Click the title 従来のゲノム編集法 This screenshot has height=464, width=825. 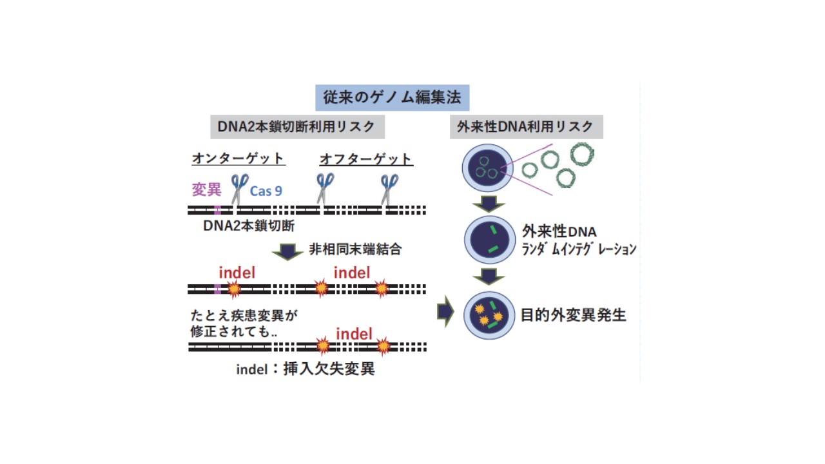click(x=392, y=98)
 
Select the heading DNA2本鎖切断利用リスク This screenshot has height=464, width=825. click(x=296, y=127)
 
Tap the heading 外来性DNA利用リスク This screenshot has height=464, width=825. click(x=526, y=127)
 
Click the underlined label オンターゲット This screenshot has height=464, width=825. click(x=238, y=159)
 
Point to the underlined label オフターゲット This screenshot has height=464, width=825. click(x=366, y=159)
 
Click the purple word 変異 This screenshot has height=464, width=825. click(x=206, y=189)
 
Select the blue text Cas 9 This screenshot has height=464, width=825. click(x=266, y=191)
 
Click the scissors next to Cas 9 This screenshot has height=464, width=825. click(x=239, y=189)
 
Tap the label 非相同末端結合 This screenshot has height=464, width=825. click(x=354, y=249)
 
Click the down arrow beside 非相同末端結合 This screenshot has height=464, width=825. click(x=287, y=251)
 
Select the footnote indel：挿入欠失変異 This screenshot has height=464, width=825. click(x=305, y=369)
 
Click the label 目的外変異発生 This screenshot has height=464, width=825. click(x=573, y=315)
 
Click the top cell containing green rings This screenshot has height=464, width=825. click(x=487, y=170)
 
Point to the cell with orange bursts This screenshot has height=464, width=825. click(x=490, y=315)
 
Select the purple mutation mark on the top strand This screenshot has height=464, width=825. click(x=218, y=210)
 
